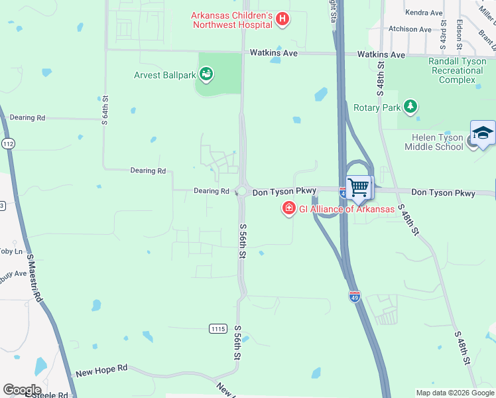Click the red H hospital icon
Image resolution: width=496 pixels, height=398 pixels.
pyautogui.click(x=282, y=19)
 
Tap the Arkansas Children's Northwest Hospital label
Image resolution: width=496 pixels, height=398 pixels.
pyautogui.click(x=232, y=19)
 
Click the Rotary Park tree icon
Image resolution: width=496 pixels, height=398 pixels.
pyautogui.click(x=411, y=106)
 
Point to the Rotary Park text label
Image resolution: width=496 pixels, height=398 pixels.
pyautogui.click(x=377, y=107)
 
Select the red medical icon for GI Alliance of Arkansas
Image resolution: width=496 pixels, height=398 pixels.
pyautogui.click(x=288, y=209)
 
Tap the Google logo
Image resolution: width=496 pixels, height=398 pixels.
pyautogui.click(x=22, y=390)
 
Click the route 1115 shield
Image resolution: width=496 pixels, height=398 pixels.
pyautogui.click(x=217, y=328)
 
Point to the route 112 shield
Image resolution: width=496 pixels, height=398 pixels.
pyautogui.click(x=8, y=143)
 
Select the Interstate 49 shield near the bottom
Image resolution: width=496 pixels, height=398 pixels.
pyautogui.click(x=355, y=297)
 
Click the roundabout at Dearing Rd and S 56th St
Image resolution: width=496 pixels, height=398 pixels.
pyautogui.click(x=241, y=191)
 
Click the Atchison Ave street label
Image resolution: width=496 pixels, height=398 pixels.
pyautogui.click(x=410, y=29)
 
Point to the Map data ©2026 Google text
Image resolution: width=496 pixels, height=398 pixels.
pyautogui.click(x=454, y=393)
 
